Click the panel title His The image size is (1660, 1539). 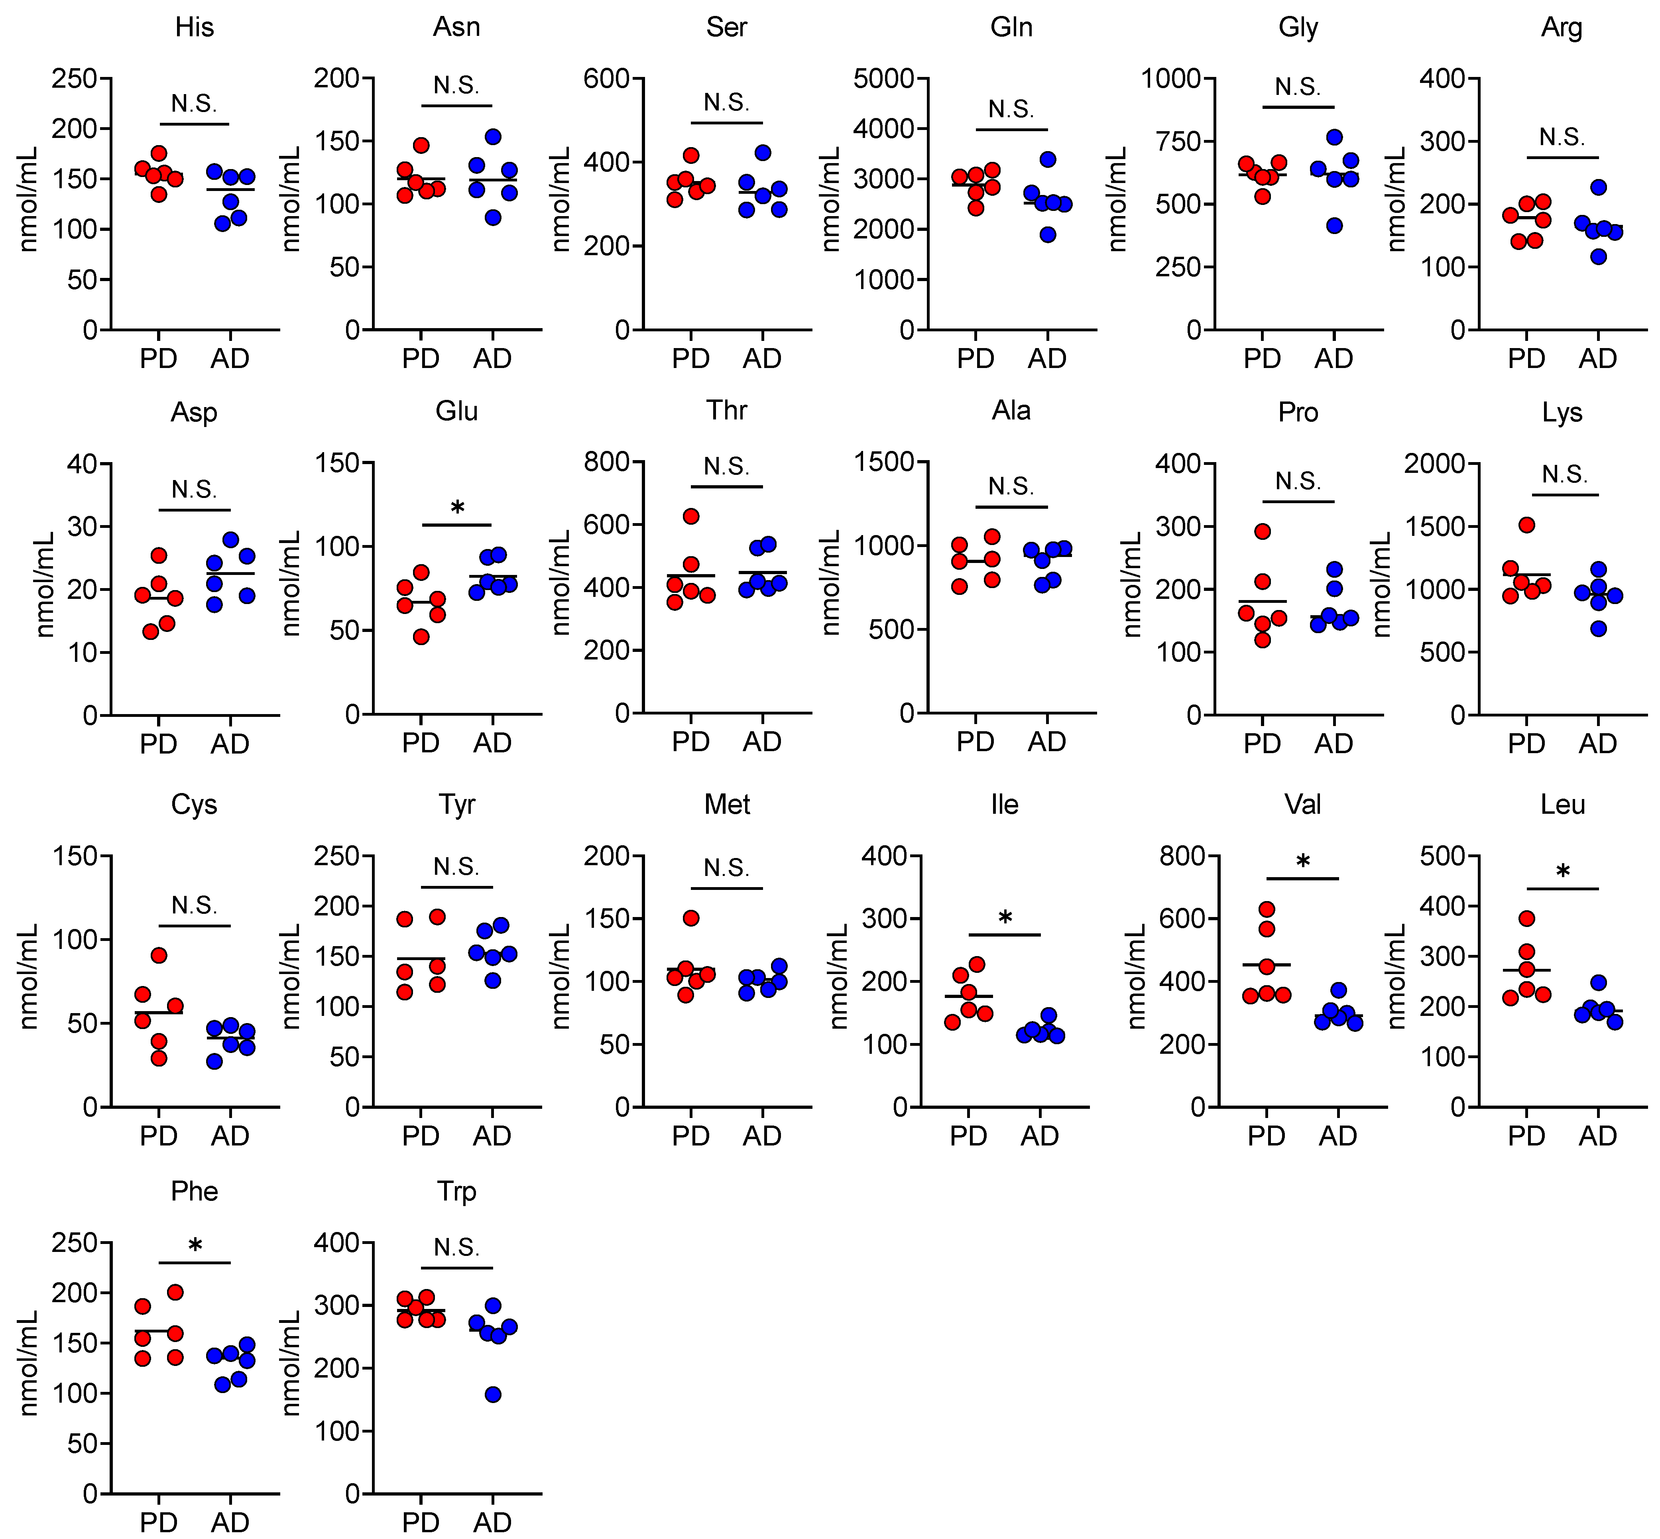[194, 28]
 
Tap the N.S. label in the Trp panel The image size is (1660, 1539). [456, 1248]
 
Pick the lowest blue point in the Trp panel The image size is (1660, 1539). [493, 1394]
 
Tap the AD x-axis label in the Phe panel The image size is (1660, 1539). [230, 1522]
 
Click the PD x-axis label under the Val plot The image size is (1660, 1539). [1266, 1136]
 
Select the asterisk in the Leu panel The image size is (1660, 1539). [1563, 872]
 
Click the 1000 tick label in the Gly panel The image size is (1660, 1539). [1170, 78]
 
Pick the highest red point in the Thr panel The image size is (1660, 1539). [691, 516]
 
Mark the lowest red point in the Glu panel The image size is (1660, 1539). [421, 637]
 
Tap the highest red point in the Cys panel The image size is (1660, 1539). [159, 955]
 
